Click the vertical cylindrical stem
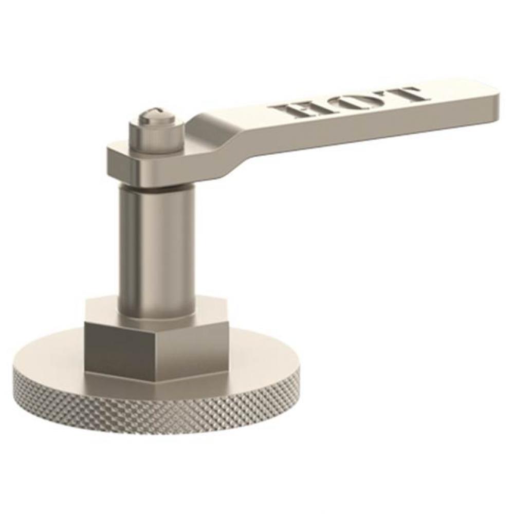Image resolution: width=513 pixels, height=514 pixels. click(x=156, y=247)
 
